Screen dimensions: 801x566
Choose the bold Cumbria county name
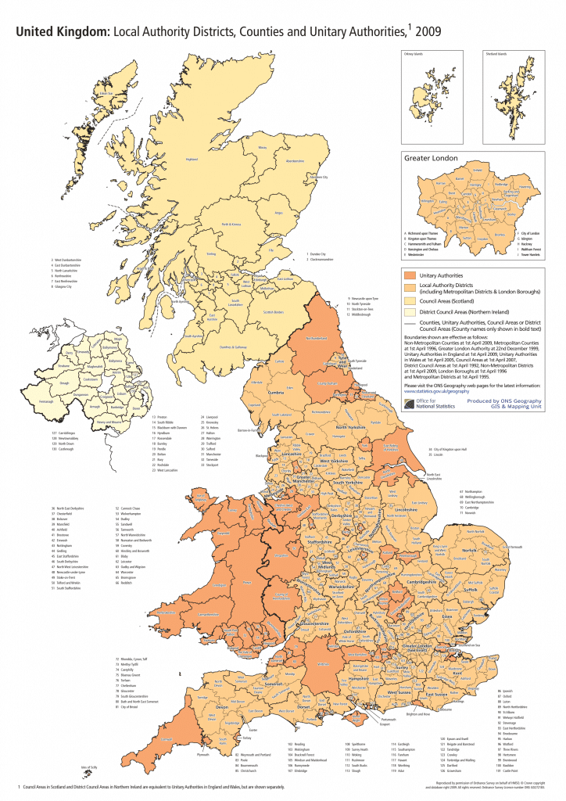[276, 393]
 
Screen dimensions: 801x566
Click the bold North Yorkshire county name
[351, 427]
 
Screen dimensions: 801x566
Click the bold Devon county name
[220, 706]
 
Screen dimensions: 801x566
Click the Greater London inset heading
[431, 158]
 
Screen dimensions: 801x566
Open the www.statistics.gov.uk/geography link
[439, 391]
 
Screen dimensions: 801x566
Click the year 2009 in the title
[432, 32]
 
